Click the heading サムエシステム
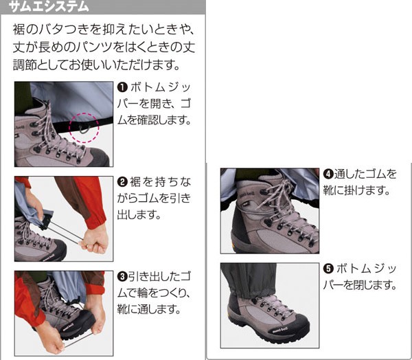pos(49,7)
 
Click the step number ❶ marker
pos(122,87)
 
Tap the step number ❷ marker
pos(122,181)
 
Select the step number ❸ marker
pos(122,276)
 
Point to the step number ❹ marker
pos(328,174)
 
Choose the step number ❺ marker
pos(328,269)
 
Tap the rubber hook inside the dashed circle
pos(84,129)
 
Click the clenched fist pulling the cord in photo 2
pos(95,239)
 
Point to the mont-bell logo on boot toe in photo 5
pos(280,330)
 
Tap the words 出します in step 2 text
pos(139,215)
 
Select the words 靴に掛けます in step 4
pos(356,190)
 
